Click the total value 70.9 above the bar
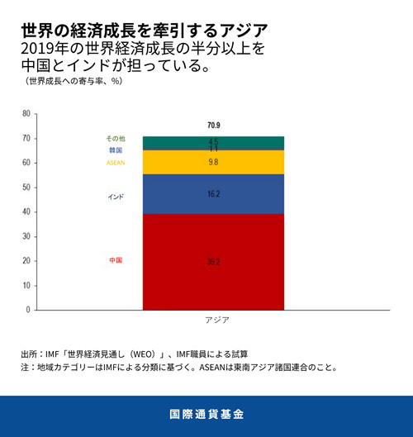214,126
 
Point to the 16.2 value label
214,194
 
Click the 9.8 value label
214,163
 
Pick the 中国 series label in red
116,260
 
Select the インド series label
116,197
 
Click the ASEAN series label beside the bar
116,163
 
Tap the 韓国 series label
116,150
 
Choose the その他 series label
116,138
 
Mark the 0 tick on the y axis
28,310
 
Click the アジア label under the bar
216,320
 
